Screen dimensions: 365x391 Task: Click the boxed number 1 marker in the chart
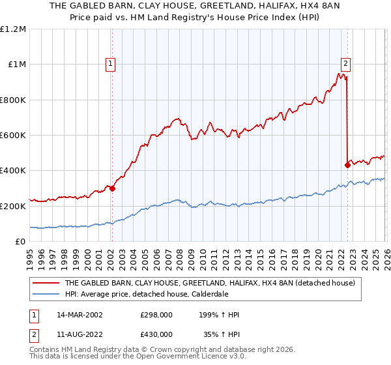[x=111, y=64]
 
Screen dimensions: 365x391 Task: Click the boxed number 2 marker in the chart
[x=345, y=64]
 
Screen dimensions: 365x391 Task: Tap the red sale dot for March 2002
[x=112, y=189]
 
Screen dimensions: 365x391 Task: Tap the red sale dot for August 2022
[x=347, y=165]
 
